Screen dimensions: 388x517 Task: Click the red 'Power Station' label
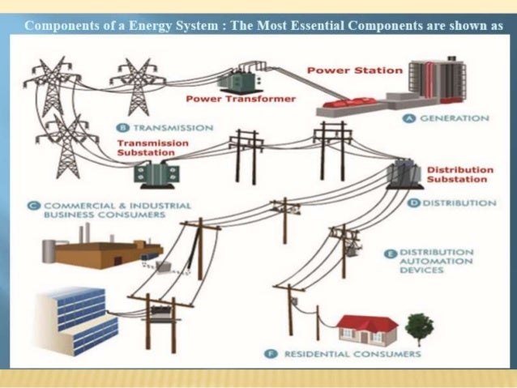click(x=354, y=70)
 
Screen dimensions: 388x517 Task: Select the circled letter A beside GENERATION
click(x=410, y=118)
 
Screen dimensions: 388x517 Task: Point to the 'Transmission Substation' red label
click(x=152, y=148)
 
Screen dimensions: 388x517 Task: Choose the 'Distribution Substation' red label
click(x=459, y=174)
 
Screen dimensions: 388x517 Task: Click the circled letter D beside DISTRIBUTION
click(x=414, y=203)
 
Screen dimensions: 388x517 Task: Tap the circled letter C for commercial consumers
click(x=36, y=206)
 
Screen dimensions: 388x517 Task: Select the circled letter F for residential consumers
click(x=273, y=354)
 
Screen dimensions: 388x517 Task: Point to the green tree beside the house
click(x=420, y=328)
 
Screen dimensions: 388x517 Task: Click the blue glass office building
click(x=77, y=320)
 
